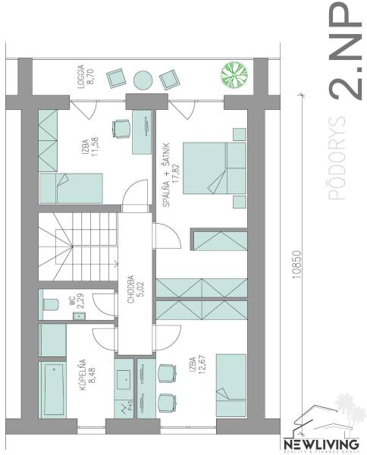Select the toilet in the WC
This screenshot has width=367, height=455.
[52, 305]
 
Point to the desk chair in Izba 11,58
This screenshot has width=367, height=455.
[121, 128]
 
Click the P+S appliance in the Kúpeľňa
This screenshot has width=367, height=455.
[125, 406]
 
